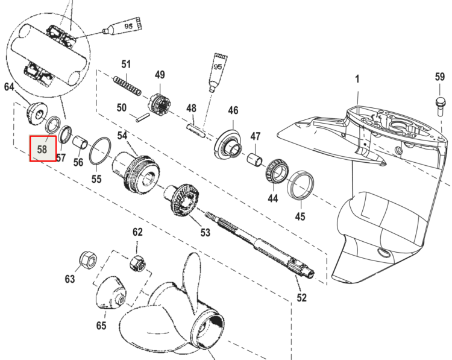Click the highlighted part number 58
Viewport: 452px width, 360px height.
[x=43, y=148]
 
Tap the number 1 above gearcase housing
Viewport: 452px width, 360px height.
[x=357, y=79]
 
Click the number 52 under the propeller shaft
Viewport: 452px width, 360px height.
[x=302, y=298]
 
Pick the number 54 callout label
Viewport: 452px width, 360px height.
[x=122, y=135]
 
